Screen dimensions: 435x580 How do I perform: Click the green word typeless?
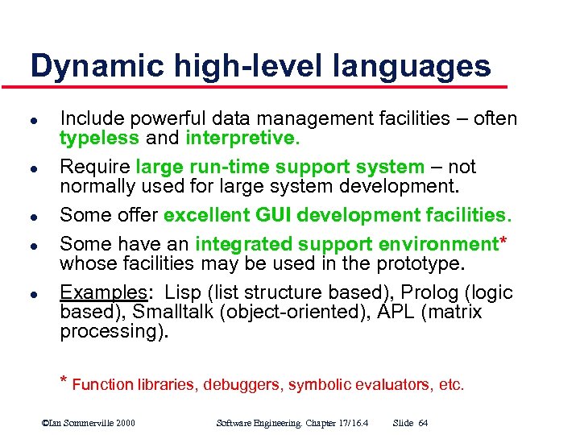[99, 138]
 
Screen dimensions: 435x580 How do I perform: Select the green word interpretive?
[242, 138]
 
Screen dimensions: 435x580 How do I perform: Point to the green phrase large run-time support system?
[280, 167]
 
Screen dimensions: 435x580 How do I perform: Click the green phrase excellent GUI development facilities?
[337, 215]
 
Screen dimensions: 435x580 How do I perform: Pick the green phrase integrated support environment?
[345, 244]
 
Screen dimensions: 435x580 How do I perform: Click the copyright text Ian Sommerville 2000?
[89, 423]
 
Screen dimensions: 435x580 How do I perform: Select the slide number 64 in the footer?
[423, 423]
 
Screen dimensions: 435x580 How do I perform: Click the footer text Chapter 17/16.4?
[329, 423]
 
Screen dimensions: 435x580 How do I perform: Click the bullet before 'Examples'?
[34, 293]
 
